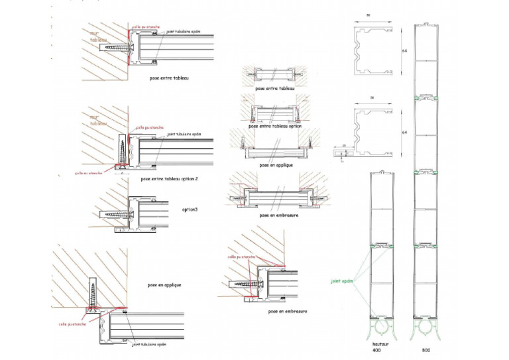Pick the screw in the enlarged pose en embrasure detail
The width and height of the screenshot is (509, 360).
pyautogui.click(x=245, y=284)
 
